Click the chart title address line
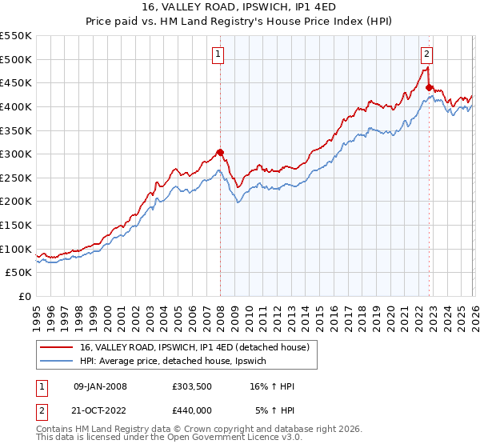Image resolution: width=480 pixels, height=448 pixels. tap(239, 7)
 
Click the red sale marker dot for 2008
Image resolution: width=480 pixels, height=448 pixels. tap(220, 152)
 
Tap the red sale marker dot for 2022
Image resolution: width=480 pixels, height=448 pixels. tap(429, 88)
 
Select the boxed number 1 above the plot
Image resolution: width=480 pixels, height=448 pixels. tap(218, 54)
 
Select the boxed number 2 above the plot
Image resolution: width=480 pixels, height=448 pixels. tap(426, 54)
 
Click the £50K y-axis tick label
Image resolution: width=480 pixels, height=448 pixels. tap(19, 273)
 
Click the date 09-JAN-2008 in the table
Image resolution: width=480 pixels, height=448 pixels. tap(99, 386)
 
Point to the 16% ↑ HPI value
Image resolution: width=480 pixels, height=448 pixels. tap(272, 386)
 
